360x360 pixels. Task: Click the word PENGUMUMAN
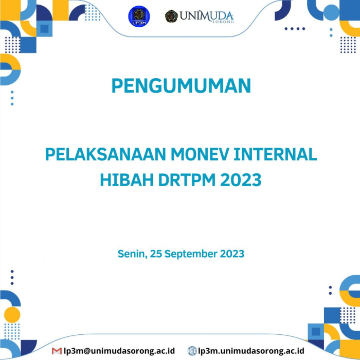click(x=181, y=85)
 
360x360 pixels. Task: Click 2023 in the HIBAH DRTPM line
click(x=242, y=181)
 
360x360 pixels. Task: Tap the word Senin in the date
click(x=131, y=254)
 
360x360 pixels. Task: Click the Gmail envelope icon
click(x=57, y=351)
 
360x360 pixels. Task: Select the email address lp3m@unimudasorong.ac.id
click(x=119, y=351)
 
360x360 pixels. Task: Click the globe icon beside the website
click(x=192, y=351)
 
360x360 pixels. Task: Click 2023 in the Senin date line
click(x=232, y=254)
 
